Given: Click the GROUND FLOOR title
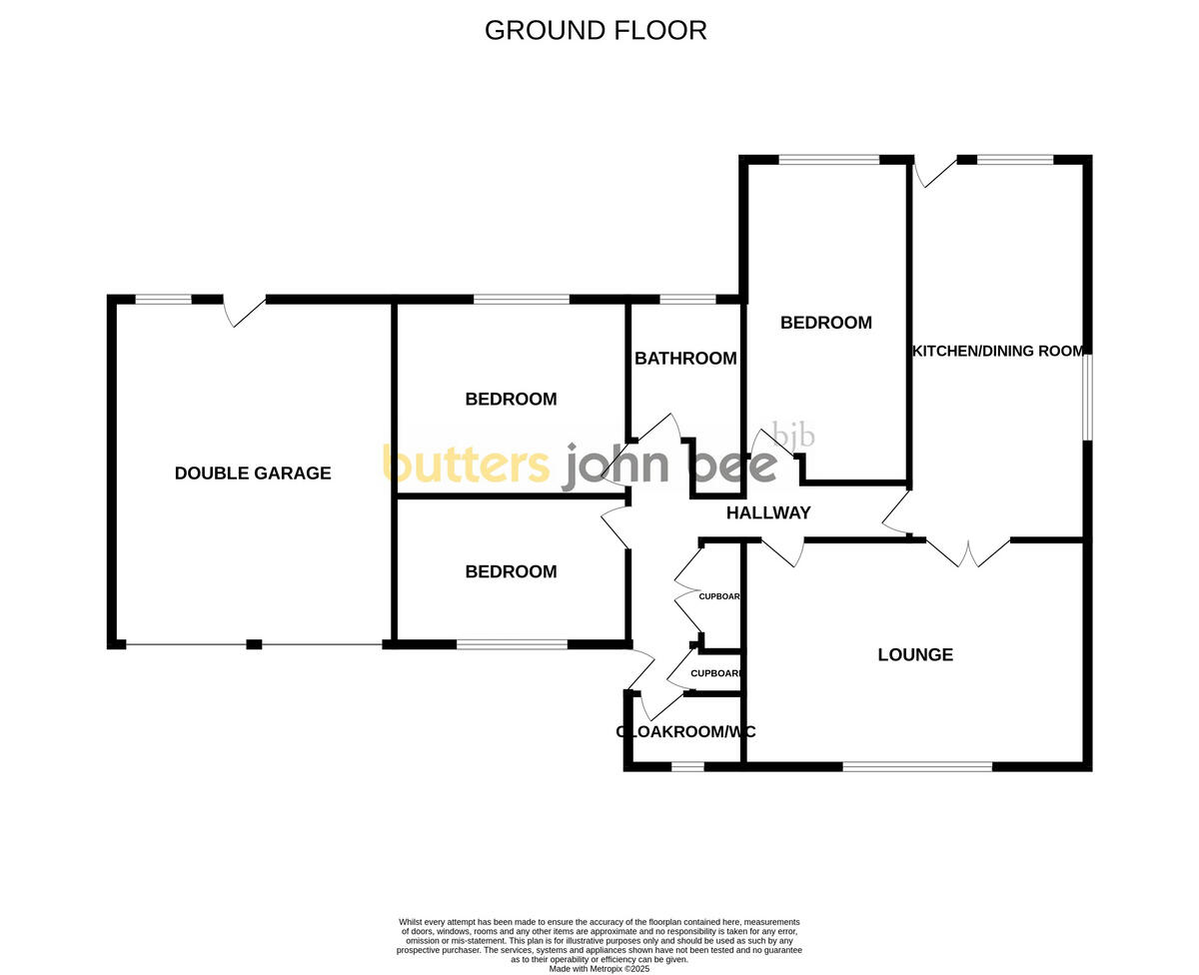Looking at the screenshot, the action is pyautogui.click(x=596, y=31).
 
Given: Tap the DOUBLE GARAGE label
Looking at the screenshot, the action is pyautogui.click(x=253, y=474).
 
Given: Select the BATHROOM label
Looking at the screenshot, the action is pyautogui.click(x=685, y=359).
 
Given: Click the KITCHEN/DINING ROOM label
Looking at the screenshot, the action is pyautogui.click(x=998, y=351).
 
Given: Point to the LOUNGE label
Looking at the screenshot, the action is pyautogui.click(x=915, y=655).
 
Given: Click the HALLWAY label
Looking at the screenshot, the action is pyautogui.click(x=768, y=513).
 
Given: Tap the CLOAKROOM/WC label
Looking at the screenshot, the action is pyautogui.click(x=685, y=732).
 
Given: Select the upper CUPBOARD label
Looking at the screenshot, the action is pyautogui.click(x=719, y=596).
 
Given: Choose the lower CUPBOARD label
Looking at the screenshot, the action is pyautogui.click(x=715, y=673).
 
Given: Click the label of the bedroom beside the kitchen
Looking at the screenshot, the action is pyautogui.click(x=826, y=323).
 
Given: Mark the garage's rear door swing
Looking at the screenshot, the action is pyautogui.click(x=246, y=311).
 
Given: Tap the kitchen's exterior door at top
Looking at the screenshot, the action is pyautogui.click(x=933, y=173).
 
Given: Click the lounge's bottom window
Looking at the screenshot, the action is pyautogui.click(x=917, y=767).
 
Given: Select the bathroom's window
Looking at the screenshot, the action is pyautogui.click(x=687, y=299).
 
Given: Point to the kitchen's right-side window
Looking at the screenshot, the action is pyautogui.click(x=1088, y=396).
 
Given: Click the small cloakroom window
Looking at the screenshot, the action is pyautogui.click(x=686, y=767).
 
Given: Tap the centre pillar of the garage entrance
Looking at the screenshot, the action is pyautogui.click(x=254, y=644).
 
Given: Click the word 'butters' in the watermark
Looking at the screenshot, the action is pyautogui.click(x=466, y=465).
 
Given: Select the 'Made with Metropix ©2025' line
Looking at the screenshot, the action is pyautogui.click(x=599, y=968).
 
